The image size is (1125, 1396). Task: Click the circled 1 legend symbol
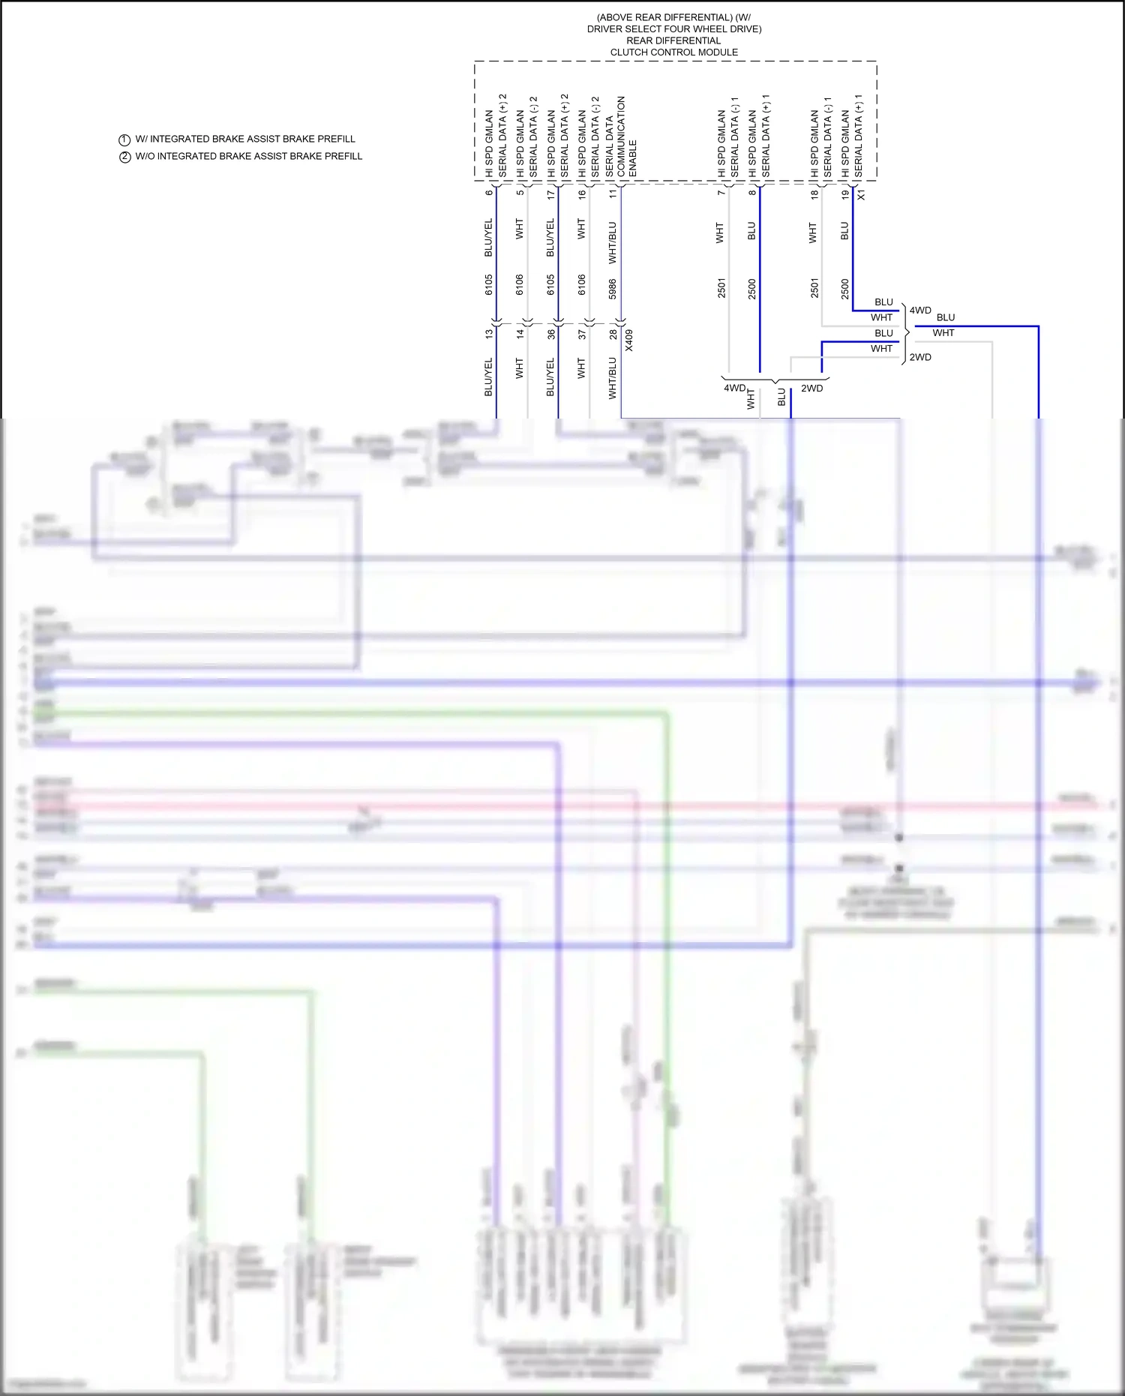click(124, 140)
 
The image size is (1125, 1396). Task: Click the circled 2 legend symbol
click(124, 157)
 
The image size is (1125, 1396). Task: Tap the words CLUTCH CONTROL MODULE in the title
click(673, 53)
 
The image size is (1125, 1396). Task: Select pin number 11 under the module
click(613, 194)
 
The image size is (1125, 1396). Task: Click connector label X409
click(629, 340)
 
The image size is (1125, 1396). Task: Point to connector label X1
click(861, 194)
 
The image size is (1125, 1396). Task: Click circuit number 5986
click(613, 289)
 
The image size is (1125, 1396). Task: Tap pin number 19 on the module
click(845, 194)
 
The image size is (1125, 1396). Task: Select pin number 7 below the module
click(721, 194)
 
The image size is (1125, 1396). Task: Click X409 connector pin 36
click(551, 335)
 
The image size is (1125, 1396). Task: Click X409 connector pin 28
click(613, 335)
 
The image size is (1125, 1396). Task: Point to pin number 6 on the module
click(489, 194)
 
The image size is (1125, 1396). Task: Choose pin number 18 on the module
click(814, 194)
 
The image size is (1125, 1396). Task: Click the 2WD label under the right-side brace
click(920, 358)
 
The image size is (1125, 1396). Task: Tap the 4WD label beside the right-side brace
click(920, 311)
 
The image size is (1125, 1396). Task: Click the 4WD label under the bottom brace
click(734, 389)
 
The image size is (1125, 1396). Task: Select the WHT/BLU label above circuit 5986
click(613, 242)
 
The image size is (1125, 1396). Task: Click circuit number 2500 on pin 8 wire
click(752, 289)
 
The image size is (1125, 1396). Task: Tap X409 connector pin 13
click(489, 335)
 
